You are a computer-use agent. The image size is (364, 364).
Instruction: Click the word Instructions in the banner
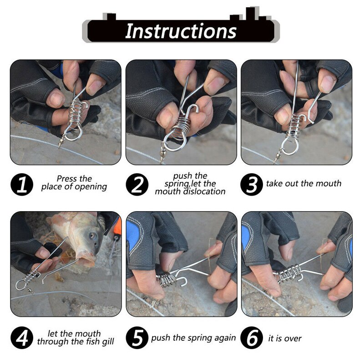click(181, 31)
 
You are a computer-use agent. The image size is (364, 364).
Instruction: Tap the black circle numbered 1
click(22, 185)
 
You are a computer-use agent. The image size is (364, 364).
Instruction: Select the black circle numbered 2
click(137, 185)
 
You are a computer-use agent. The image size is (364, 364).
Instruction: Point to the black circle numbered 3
click(252, 185)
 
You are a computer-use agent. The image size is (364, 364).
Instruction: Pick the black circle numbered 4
click(22, 338)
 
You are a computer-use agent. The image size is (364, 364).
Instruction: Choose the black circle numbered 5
click(137, 338)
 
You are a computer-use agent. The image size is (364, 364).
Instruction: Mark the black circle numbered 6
click(252, 338)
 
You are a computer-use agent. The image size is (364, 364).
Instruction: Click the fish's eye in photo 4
click(93, 237)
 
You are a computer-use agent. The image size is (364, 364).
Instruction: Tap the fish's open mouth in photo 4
click(86, 260)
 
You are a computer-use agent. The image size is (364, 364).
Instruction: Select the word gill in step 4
click(108, 342)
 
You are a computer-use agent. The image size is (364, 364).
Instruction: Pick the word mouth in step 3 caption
click(329, 183)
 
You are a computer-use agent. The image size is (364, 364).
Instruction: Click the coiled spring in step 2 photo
click(179, 127)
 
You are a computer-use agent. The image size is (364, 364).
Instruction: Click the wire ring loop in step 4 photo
click(20, 285)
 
